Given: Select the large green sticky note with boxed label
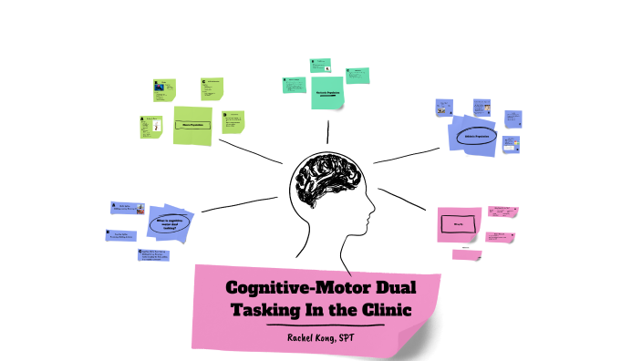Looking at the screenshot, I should (x=192, y=124).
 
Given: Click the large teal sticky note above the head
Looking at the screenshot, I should (x=326, y=93).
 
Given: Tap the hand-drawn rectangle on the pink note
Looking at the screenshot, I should (x=453, y=223).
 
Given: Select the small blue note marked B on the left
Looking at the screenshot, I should (x=120, y=235).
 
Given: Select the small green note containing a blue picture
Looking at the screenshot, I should (x=162, y=89).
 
